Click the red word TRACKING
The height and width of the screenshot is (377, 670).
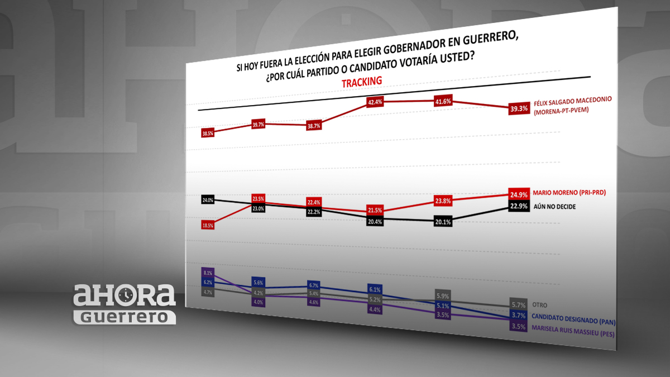[362, 82]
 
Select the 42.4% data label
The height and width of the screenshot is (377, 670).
[375, 102]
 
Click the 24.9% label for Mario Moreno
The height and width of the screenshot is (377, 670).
[519, 194]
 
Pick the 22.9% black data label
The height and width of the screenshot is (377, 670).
[519, 207]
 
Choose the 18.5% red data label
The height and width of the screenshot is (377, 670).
[208, 225]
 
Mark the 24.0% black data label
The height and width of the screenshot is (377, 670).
[208, 199]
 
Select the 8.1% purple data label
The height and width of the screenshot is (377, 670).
[208, 273]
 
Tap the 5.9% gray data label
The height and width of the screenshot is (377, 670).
[442, 296]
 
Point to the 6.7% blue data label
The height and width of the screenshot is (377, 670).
[313, 285]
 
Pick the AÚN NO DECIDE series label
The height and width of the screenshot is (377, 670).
[555, 206]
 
